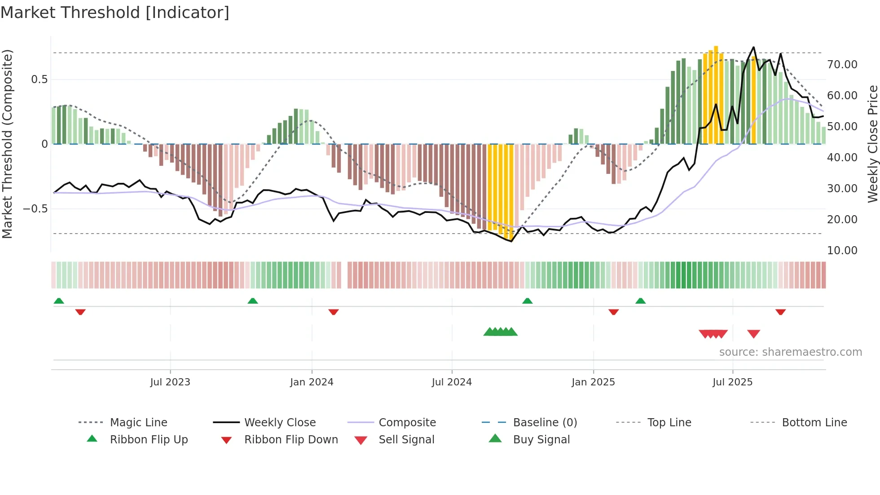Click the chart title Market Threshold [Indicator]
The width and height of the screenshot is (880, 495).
tap(115, 13)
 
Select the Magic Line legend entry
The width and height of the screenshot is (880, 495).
tap(138, 422)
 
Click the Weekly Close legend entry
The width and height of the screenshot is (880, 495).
tap(280, 422)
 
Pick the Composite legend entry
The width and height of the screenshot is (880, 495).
tap(407, 422)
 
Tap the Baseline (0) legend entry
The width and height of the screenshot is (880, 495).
tap(545, 422)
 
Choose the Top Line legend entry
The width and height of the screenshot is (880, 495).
tap(669, 422)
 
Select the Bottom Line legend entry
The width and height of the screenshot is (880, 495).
tap(814, 422)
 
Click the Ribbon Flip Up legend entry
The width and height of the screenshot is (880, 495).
tap(149, 439)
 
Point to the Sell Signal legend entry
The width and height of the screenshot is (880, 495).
tap(406, 439)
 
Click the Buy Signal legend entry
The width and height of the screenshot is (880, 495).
tap(541, 439)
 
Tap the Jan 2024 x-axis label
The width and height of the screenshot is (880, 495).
tap(312, 382)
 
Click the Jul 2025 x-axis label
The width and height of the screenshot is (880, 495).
tap(732, 382)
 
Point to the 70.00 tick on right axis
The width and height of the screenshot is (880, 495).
tap(842, 64)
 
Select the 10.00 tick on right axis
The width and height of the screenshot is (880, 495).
tap(842, 250)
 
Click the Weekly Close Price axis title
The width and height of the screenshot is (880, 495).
tap(872, 144)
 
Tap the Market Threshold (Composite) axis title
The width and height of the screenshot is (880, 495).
tap(7, 144)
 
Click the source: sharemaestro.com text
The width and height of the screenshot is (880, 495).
tap(790, 352)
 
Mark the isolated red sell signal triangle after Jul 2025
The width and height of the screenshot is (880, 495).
tap(753, 334)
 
